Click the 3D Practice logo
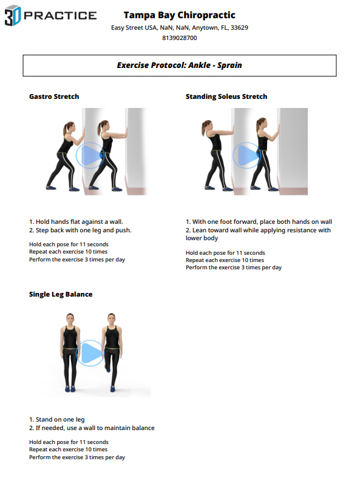50,15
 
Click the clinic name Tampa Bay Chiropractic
179,15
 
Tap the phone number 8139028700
179,38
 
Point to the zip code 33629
239,27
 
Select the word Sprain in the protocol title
229,66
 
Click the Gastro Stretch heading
54,96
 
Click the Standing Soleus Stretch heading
226,96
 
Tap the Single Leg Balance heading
61,294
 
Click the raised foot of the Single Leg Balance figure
108,369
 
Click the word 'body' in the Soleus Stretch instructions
210,238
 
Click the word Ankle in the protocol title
199,66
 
